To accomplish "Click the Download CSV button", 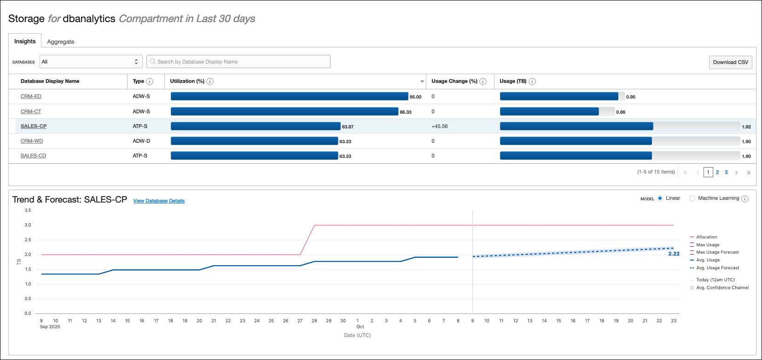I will click(x=730, y=62).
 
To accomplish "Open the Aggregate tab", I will click(x=60, y=41).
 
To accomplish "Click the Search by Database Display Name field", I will click(x=238, y=62).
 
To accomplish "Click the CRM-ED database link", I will click(x=31, y=96).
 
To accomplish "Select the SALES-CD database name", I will click(x=33, y=156).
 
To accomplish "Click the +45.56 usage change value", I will click(x=439, y=126).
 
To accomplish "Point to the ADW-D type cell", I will click(x=141, y=141).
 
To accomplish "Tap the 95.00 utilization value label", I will click(x=415, y=97).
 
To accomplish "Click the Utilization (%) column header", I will click(x=187, y=81).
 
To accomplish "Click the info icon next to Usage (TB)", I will click(x=532, y=81).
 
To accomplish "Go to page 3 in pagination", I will click(x=726, y=172).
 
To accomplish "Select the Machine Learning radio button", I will click(x=692, y=198).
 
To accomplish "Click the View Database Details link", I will click(x=159, y=201).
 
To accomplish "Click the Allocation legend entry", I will click(x=706, y=237).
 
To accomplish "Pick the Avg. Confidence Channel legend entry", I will click(x=722, y=288).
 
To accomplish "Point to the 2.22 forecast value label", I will click(x=674, y=254).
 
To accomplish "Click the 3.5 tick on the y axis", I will click(x=28, y=210).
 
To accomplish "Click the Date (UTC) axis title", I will click(x=357, y=335).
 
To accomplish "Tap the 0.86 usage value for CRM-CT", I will click(x=621, y=112).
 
